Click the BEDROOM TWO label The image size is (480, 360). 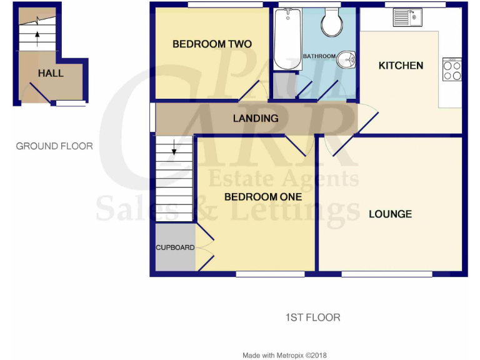(212, 44)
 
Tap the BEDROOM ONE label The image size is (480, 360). (254, 197)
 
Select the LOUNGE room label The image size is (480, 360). (390, 214)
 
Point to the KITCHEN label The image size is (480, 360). (401, 65)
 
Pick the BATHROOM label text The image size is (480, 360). (319, 56)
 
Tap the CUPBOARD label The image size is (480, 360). (175, 247)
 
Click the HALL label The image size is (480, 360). (51, 73)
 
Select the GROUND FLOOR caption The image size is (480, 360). (54, 146)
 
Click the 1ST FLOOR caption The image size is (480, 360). (312, 317)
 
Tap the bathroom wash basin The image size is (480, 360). (346, 60)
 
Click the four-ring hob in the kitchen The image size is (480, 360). (452, 70)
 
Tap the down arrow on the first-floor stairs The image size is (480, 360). (174, 149)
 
